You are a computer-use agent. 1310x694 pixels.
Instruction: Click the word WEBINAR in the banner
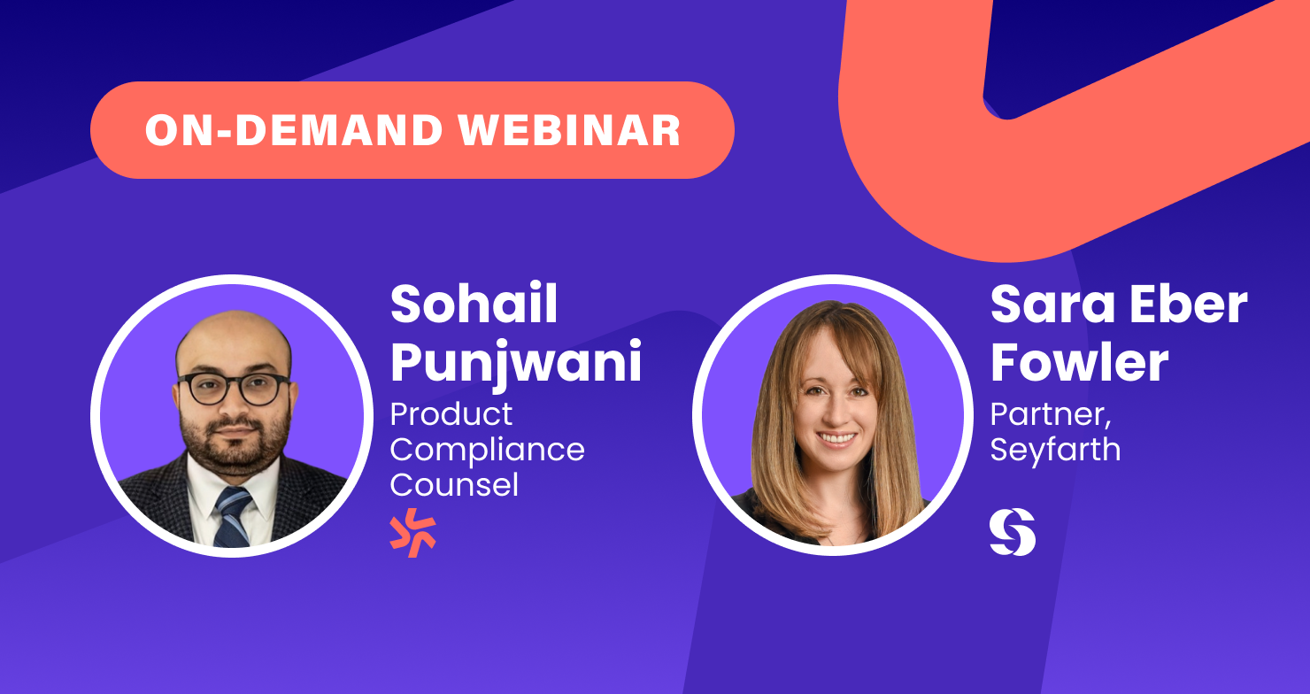pyautogui.click(x=570, y=130)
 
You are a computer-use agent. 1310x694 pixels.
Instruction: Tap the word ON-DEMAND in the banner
pyautogui.click(x=294, y=130)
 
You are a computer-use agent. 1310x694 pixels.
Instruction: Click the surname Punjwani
pyautogui.click(x=516, y=364)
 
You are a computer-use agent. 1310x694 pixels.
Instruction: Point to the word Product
pyautogui.click(x=451, y=414)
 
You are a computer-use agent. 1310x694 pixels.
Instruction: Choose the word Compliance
pyautogui.click(x=487, y=451)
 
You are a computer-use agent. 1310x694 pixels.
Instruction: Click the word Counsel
pyautogui.click(x=454, y=485)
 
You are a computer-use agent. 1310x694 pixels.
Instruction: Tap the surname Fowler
pyautogui.click(x=1080, y=363)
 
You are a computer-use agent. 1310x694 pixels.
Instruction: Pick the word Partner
pyautogui.click(x=1051, y=414)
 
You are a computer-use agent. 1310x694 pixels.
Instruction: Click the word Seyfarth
pyautogui.click(x=1056, y=451)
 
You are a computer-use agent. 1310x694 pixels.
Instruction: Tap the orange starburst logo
pyautogui.click(x=412, y=533)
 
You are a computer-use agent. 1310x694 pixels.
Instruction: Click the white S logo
pyautogui.click(x=1013, y=532)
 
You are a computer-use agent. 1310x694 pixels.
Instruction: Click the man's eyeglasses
pyautogui.click(x=234, y=389)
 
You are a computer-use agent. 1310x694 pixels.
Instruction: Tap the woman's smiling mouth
pyautogui.click(x=836, y=437)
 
